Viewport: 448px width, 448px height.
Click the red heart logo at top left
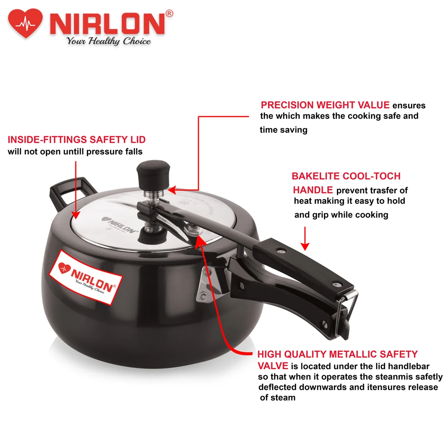point(25,23)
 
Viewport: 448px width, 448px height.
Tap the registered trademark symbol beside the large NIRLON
point(169,13)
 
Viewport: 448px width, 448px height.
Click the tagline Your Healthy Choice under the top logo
point(109,41)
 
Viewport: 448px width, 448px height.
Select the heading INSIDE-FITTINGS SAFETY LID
point(77,139)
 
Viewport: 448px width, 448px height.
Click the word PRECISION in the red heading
point(287,105)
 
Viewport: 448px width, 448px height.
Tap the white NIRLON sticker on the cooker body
point(86,277)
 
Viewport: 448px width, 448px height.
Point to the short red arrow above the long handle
point(305,238)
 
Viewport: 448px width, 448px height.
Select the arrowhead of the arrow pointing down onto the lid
point(76,215)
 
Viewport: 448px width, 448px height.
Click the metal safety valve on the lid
point(192,229)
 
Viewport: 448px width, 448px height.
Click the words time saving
point(283,130)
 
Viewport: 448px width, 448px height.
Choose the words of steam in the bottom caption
point(278,397)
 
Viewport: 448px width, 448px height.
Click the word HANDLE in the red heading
point(313,190)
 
